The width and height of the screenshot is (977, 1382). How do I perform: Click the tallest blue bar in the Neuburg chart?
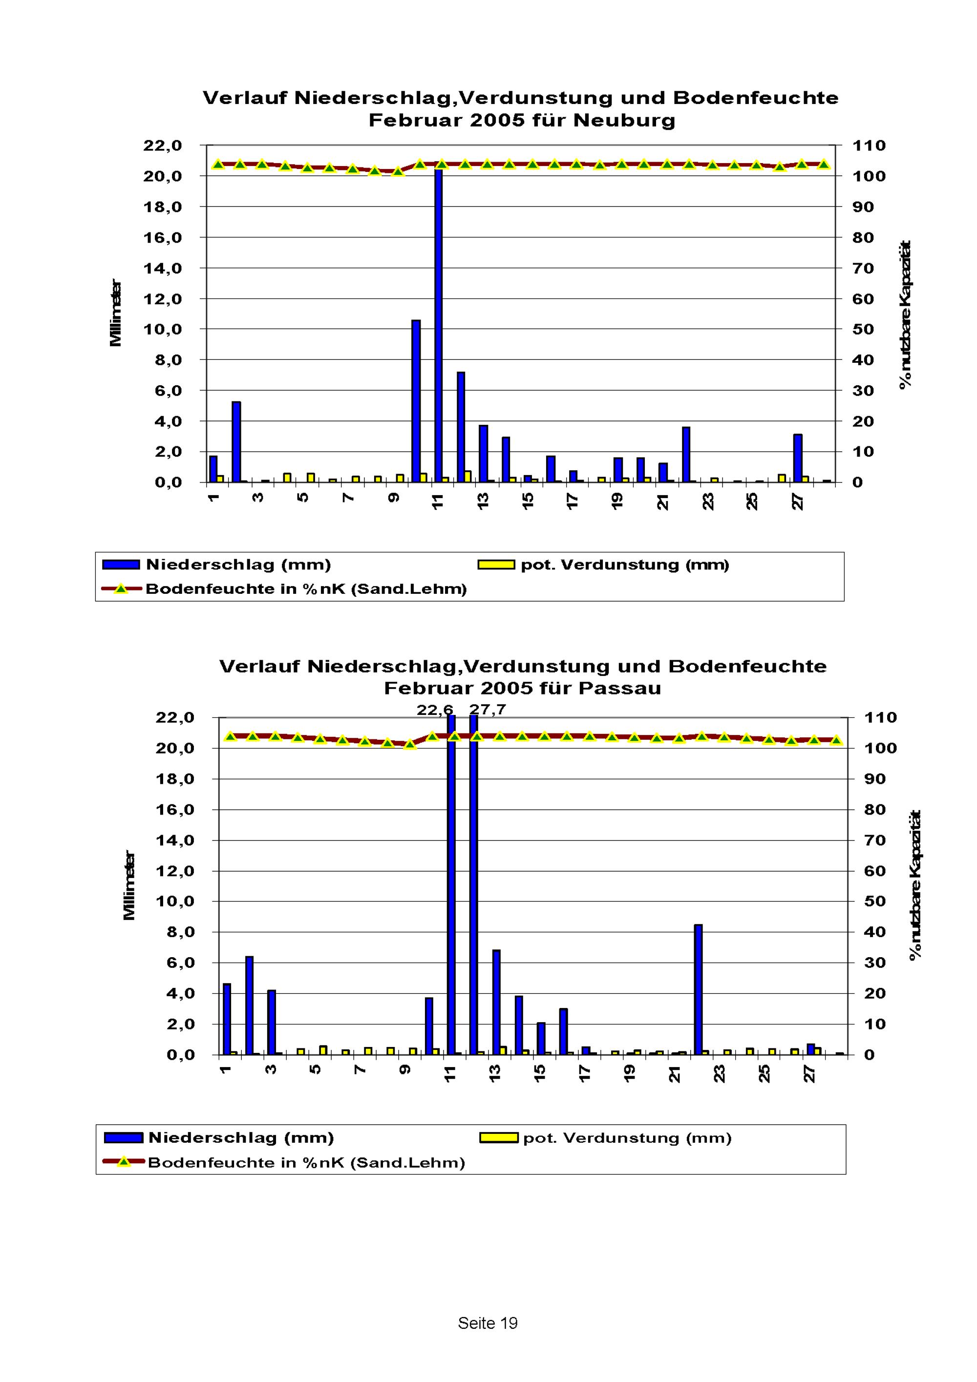click(438, 325)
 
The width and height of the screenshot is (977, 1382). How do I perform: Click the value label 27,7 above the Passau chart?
click(488, 710)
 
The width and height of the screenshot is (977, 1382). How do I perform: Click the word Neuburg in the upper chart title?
click(624, 121)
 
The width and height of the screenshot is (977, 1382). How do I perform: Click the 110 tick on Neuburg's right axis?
click(869, 146)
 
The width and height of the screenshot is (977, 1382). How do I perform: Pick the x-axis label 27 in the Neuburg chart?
click(798, 502)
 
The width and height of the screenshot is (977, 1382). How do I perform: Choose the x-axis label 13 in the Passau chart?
click(495, 1074)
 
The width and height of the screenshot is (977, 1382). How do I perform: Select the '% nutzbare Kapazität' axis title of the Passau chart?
click(915, 885)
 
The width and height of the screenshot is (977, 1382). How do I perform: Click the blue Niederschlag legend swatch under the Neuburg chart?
click(121, 565)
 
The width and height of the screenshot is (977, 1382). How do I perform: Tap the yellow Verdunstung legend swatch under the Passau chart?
click(498, 1138)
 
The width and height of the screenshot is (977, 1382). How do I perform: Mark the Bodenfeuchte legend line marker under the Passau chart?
click(124, 1162)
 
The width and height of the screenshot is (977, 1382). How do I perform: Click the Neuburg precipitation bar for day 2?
click(236, 441)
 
